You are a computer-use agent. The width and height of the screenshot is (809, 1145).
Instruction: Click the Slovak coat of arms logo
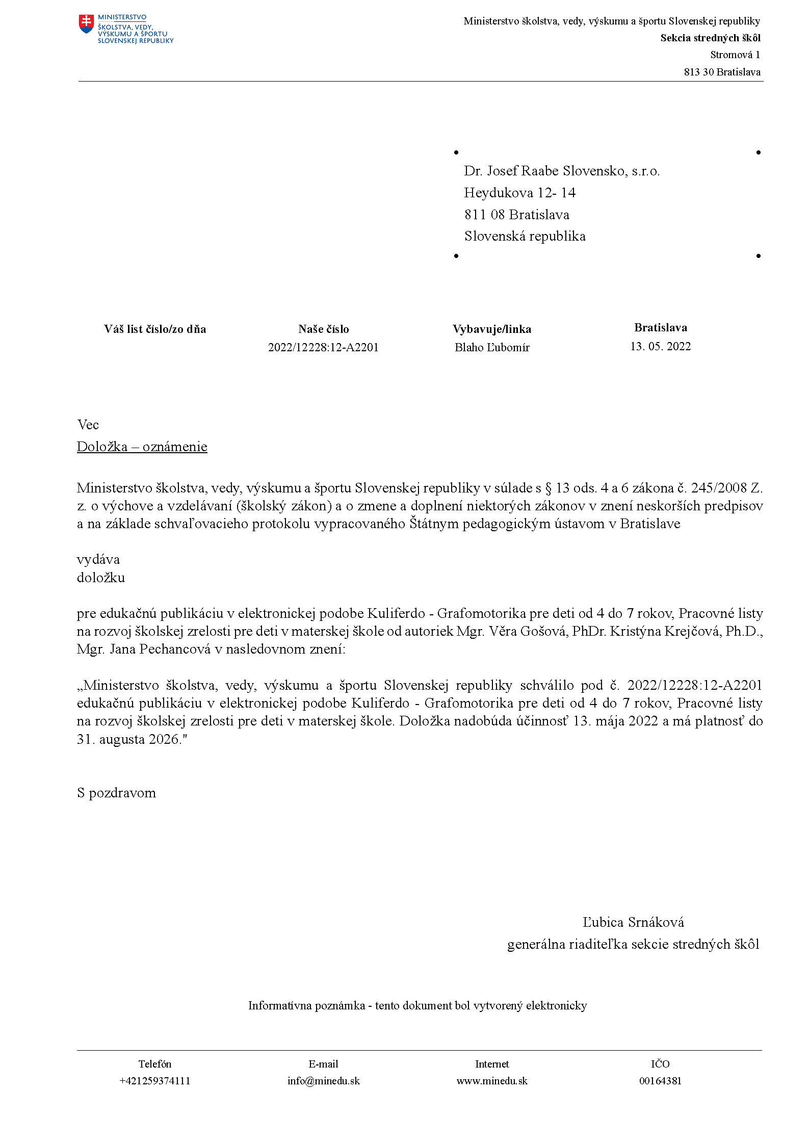86,24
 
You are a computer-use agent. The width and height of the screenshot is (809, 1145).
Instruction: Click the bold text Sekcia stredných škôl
710,38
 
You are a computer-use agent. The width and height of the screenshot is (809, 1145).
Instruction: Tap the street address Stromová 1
735,55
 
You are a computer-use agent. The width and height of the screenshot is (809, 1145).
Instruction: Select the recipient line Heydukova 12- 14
519,193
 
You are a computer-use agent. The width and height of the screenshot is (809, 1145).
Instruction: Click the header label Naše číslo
324,329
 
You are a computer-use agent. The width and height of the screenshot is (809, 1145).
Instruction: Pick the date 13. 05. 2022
660,347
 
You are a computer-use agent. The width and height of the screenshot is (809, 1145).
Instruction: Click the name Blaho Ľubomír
492,348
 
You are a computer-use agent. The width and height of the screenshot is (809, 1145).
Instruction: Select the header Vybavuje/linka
492,329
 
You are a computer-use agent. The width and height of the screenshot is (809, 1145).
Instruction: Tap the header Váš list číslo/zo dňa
155,329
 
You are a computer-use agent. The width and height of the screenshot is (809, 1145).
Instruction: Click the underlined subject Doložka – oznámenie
142,447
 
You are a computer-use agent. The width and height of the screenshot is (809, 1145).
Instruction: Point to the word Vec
88,425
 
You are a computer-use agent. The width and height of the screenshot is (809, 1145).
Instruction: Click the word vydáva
98,560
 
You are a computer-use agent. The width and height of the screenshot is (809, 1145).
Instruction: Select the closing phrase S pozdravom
116,793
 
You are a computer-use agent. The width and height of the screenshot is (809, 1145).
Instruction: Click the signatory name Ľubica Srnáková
633,922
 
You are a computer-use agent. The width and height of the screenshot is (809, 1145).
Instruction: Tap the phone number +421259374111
155,1081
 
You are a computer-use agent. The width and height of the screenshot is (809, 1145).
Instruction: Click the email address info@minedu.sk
324,1081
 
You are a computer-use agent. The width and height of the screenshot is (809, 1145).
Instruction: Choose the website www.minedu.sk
492,1081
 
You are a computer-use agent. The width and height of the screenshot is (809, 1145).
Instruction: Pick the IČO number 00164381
660,1081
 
